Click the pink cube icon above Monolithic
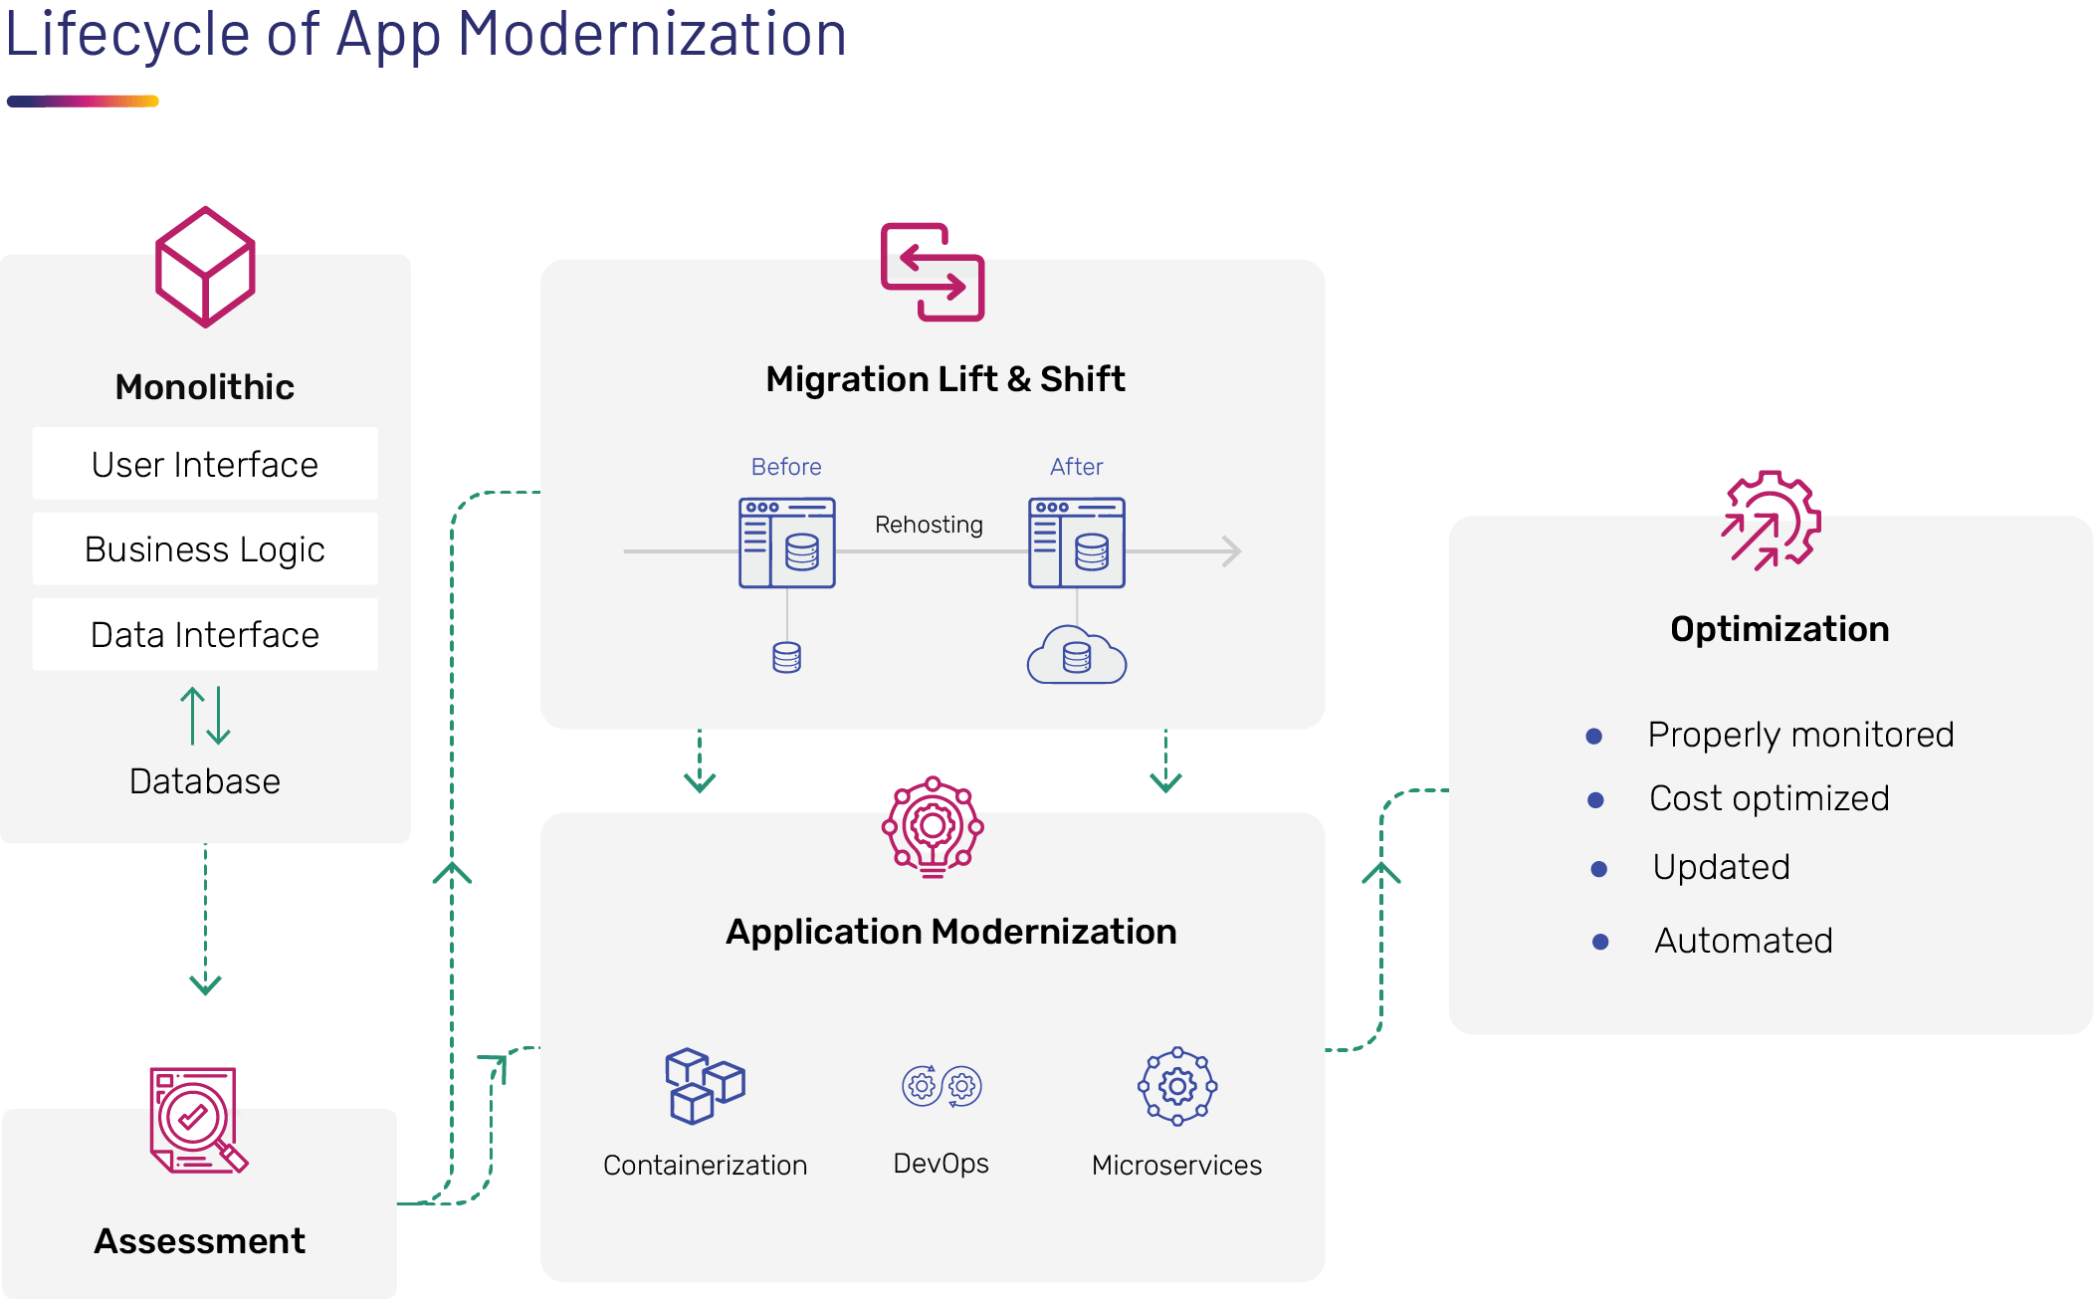coord(205,267)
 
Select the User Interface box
coord(205,464)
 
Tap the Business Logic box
coord(205,548)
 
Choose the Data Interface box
coord(205,634)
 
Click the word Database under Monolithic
coord(205,781)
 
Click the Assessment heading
coord(200,1241)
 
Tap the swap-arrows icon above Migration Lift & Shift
coord(933,272)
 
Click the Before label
coord(786,467)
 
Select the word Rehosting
coord(929,525)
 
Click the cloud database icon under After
coord(1077,655)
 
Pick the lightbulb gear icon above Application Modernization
coord(933,827)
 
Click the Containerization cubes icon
coord(706,1086)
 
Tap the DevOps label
coord(942,1164)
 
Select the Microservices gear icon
coord(1177,1086)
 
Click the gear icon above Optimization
coord(1772,521)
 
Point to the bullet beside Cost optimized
coord(1595,800)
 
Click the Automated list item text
coord(1744,941)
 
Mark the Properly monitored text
coord(1801,735)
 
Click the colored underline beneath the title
coord(83,101)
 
